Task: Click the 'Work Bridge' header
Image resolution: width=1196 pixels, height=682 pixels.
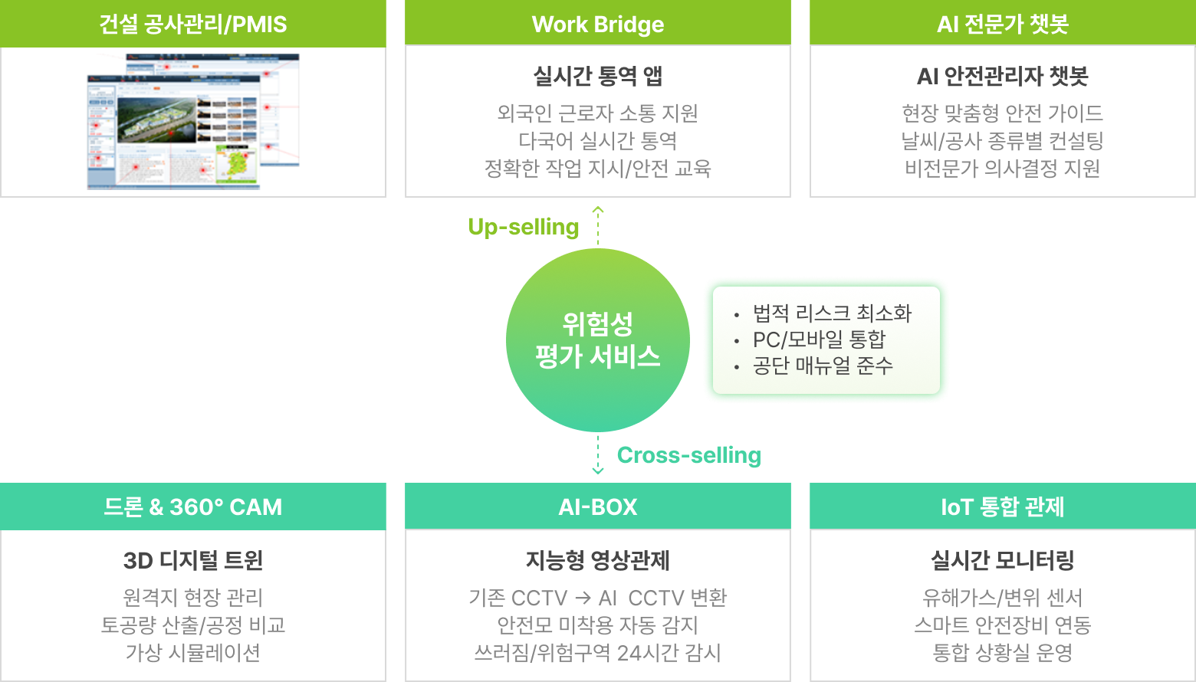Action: pos(598,24)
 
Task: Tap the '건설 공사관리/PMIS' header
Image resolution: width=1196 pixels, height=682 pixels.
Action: pos(192,24)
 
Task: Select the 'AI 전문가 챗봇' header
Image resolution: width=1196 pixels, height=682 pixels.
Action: pos(1002,24)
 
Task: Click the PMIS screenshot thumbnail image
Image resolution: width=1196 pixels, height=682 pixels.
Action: pos(192,121)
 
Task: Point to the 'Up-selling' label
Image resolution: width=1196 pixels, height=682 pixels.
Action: pos(524,227)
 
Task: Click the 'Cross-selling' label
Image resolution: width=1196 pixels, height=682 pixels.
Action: pos(688,455)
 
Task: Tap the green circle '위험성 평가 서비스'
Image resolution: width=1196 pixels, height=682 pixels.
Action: pos(598,339)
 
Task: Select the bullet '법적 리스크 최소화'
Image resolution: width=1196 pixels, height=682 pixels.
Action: pos(832,313)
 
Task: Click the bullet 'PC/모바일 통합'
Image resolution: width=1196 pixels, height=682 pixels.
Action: pos(819,339)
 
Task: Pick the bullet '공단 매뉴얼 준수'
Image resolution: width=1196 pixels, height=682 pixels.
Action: pos(823,366)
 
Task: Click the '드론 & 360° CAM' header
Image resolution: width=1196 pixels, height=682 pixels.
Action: pos(192,507)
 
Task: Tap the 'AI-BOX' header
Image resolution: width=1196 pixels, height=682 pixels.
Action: pos(598,507)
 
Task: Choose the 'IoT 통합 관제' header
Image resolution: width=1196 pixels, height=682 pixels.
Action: pos(1002,507)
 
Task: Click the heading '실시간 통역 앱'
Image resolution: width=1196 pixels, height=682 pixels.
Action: pos(598,76)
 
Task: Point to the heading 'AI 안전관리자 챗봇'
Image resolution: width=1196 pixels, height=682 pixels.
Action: pos(1002,76)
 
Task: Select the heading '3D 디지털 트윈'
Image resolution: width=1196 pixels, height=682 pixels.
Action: pos(192,560)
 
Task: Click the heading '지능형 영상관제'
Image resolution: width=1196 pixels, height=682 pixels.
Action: pos(598,560)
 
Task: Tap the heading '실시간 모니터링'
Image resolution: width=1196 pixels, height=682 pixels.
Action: pos(1002,560)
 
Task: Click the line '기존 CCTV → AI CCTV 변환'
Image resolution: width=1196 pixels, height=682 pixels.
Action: pos(598,598)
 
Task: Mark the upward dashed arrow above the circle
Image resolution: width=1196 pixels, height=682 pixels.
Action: pos(598,225)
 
